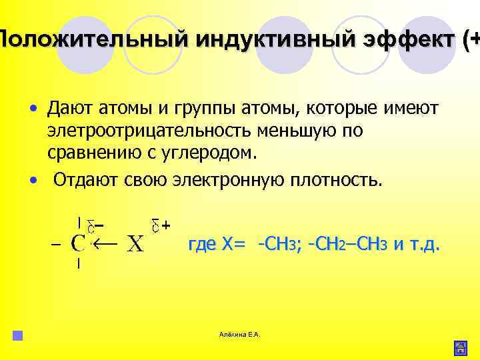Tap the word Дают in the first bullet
point(70,107)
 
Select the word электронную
point(237,181)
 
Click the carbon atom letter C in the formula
point(78,244)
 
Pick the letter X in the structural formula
point(135,245)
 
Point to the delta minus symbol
point(98,225)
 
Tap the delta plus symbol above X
point(159,225)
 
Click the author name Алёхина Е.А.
point(240,333)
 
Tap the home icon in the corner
point(460,347)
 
